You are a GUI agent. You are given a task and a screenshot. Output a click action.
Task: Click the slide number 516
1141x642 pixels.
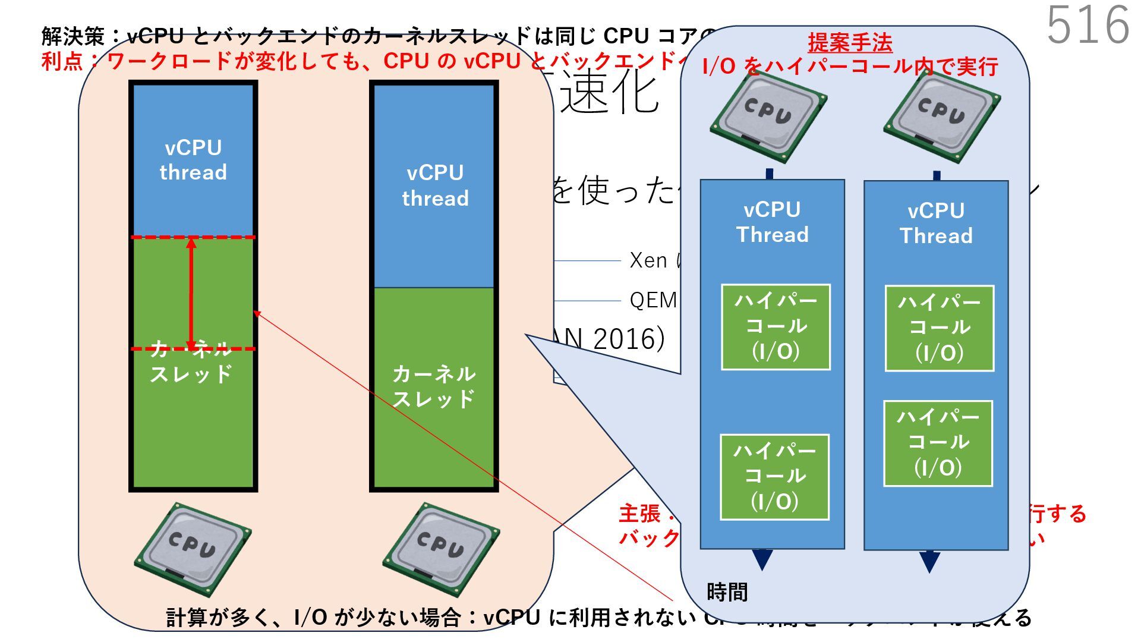coord(1088,25)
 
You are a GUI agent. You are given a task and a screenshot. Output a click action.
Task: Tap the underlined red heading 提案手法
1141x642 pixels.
coord(850,43)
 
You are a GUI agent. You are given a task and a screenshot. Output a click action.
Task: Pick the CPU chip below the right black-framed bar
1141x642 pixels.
coord(441,548)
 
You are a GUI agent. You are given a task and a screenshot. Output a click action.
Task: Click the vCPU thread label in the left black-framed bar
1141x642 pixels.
coord(193,160)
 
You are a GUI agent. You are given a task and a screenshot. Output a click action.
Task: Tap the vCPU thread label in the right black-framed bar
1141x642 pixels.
coord(435,185)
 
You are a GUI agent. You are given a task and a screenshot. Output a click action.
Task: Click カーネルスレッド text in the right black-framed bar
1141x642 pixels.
coord(434,386)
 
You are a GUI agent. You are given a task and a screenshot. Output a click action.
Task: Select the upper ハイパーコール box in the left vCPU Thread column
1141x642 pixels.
coord(776,327)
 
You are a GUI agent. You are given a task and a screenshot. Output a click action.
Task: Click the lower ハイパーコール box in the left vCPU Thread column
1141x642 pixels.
coord(774,477)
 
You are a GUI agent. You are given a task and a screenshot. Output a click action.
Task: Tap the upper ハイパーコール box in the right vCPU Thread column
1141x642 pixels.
coord(939,328)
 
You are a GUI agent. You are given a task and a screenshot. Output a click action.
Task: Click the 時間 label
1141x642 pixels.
coord(727,592)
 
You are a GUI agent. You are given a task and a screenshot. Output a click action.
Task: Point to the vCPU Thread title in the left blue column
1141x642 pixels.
coord(772,222)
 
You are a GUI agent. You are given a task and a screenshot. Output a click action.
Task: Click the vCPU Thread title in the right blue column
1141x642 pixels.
coord(936,224)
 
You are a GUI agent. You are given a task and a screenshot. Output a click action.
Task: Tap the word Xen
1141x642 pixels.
coord(648,260)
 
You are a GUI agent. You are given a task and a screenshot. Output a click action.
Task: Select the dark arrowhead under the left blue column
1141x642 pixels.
coord(762,559)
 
